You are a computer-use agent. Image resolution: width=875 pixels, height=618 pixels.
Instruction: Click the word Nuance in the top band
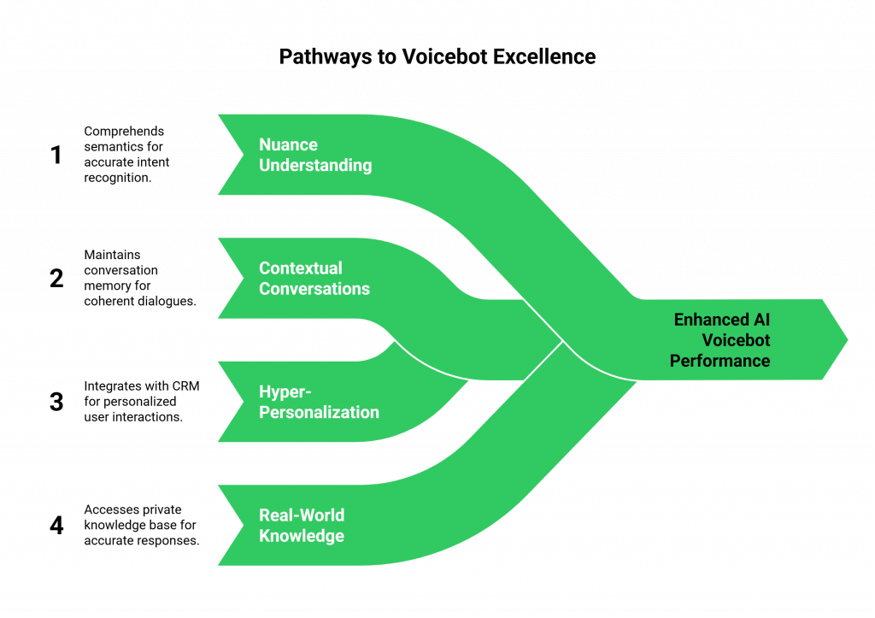(x=289, y=144)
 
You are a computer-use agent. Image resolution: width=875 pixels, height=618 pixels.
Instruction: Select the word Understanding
(x=315, y=165)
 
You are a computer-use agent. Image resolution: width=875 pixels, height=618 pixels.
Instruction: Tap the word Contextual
(x=301, y=268)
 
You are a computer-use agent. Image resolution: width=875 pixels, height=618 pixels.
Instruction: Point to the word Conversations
(x=314, y=289)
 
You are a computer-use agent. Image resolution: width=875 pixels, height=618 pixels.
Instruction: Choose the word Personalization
(x=319, y=412)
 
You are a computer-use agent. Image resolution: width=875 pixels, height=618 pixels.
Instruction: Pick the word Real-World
(x=302, y=515)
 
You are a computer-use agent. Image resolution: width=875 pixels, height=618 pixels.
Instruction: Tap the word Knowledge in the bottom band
(x=302, y=536)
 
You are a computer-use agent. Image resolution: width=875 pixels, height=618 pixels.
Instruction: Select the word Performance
(x=719, y=361)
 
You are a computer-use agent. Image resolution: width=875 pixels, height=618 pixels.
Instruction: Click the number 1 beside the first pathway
(x=56, y=156)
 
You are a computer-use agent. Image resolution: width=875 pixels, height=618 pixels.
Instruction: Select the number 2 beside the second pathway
(x=56, y=279)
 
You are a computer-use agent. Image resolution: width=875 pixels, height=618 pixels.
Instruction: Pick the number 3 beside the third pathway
(x=56, y=402)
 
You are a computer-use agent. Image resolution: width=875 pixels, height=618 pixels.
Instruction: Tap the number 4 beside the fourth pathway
(x=56, y=525)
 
